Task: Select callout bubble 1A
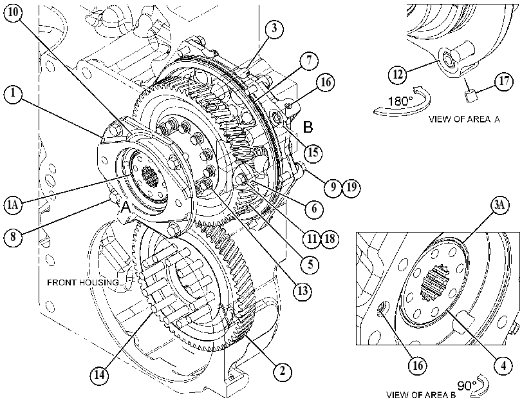click(x=13, y=205)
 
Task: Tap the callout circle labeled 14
click(x=99, y=375)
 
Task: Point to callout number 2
click(x=282, y=371)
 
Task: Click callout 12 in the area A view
click(x=398, y=74)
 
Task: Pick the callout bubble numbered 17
click(x=504, y=81)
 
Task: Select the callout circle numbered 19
click(x=351, y=187)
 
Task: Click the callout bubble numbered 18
click(x=330, y=238)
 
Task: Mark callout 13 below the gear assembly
click(x=303, y=291)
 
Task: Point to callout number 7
click(x=308, y=61)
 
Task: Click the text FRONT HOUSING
click(x=82, y=282)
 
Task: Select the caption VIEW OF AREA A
click(x=464, y=119)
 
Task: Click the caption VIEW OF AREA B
click(x=421, y=395)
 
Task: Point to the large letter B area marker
click(x=308, y=127)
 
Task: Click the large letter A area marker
click(x=126, y=207)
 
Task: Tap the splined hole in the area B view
click(x=433, y=283)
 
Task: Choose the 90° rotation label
click(x=467, y=386)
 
